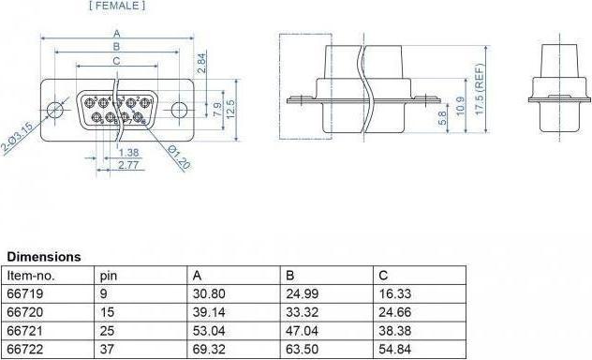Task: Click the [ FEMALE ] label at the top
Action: point(117,6)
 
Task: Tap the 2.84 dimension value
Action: point(202,63)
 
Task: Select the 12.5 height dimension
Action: point(230,109)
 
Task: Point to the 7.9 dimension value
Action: point(217,110)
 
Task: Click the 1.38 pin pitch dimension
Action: point(128,153)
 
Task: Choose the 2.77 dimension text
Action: point(128,165)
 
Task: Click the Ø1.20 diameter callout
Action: point(179,157)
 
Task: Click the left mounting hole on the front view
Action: point(54,111)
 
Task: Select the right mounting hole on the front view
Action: point(179,110)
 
